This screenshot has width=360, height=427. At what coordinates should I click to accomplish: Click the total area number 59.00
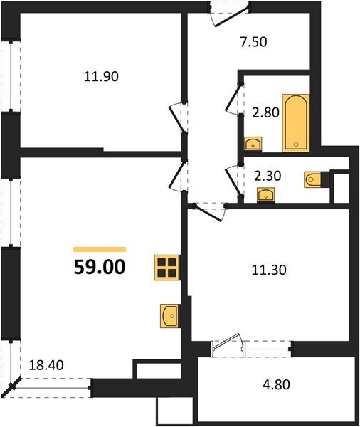[x=100, y=268]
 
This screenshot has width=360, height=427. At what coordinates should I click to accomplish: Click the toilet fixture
[x=313, y=179]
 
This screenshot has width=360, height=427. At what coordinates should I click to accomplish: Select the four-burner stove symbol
[x=166, y=268]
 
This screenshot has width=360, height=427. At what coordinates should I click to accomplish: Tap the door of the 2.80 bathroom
[x=232, y=103]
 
